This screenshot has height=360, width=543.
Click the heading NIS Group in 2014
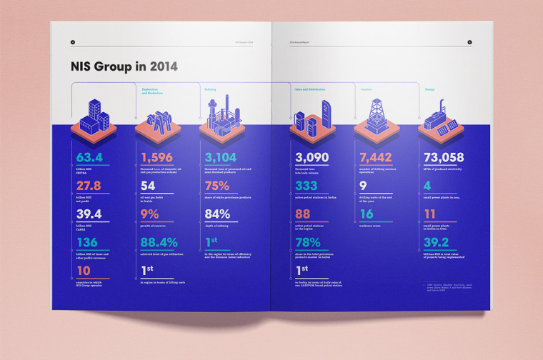pyautogui.click(x=124, y=67)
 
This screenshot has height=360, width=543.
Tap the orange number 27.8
pyautogui.click(x=89, y=186)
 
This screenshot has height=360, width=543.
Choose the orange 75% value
pyautogui.click(x=216, y=186)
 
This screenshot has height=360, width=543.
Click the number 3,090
pyautogui.click(x=311, y=157)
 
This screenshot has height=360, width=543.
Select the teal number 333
pyautogui.click(x=307, y=186)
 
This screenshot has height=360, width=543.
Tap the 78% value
pyautogui.click(x=307, y=242)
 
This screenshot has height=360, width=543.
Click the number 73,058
pyautogui.click(x=444, y=157)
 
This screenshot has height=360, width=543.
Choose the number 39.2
pyautogui.click(x=436, y=242)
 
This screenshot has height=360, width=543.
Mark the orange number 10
pyautogui.click(x=84, y=271)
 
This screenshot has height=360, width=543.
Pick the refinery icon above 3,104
pyautogui.click(x=220, y=117)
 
